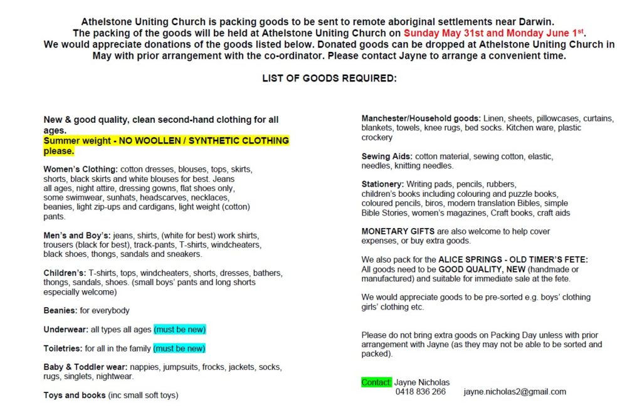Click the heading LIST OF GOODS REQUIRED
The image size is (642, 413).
pos(329,78)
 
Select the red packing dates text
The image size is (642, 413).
pos(494,33)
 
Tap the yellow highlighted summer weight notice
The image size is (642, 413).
pos(166,145)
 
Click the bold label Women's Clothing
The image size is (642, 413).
pos(80,169)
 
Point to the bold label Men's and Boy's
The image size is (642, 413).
pos(76,235)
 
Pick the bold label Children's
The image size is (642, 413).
pos(65,273)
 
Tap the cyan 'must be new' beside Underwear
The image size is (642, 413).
pos(179,329)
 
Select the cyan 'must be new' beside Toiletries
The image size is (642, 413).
pos(179,348)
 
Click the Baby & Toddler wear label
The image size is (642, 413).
pos(85,367)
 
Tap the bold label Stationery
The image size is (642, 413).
pos(382,184)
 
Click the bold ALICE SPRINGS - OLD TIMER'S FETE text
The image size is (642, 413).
pos(513,259)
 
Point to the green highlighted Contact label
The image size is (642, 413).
pos(376,382)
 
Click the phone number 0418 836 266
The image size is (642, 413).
pos(420,392)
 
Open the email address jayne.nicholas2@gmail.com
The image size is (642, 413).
pos(515,392)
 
